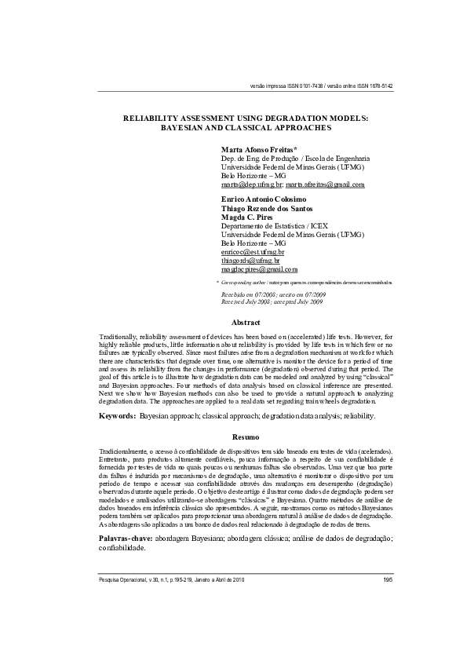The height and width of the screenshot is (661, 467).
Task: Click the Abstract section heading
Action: click(x=246, y=323)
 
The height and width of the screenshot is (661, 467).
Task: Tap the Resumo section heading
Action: click(x=246, y=436)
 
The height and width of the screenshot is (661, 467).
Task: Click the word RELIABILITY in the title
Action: click(x=154, y=116)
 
